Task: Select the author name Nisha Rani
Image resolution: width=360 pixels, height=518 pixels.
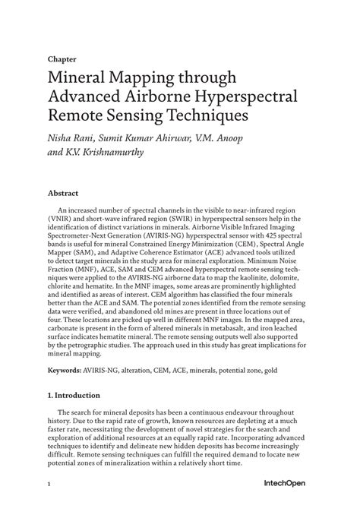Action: [x=74, y=139]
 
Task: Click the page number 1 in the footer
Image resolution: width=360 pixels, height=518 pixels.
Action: [x=49, y=504]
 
